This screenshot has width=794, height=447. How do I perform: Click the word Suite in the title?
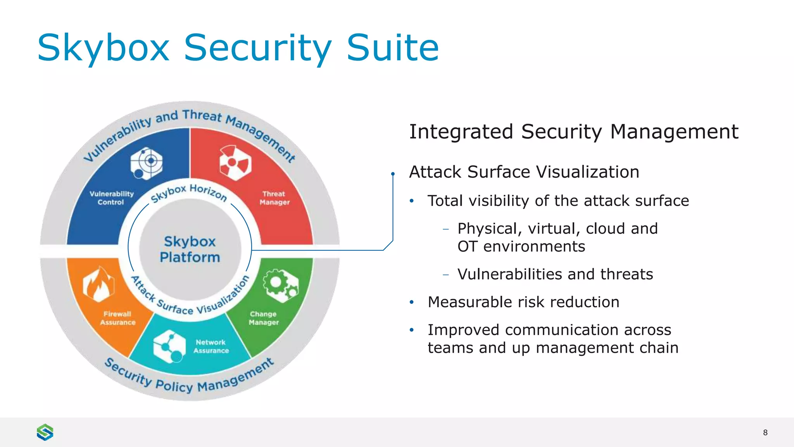pyautogui.click(x=392, y=48)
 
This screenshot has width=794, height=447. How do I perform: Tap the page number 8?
pyautogui.click(x=765, y=433)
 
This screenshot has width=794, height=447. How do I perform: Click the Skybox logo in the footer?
pyautogui.click(x=45, y=432)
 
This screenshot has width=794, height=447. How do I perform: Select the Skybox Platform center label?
pyautogui.click(x=190, y=249)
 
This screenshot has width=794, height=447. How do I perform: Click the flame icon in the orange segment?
pyautogui.click(x=98, y=284)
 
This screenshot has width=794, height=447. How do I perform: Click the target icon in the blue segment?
pyautogui.click(x=147, y=163)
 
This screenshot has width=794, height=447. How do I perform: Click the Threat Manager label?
pyautogui.click(x=274, y=198)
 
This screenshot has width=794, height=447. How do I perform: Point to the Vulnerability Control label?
pyautogui.click(x=111, y=198)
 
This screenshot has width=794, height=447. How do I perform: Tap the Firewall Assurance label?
pyautogui.click(x=117, y=318)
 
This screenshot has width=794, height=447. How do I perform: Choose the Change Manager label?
pyautogui.click(x=264, y=318)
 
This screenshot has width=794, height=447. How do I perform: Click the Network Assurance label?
pyautogui.click(x=211, y=347)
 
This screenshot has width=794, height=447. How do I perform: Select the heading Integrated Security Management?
pyautogui.click(x=573, y=132)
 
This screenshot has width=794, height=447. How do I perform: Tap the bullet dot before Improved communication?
pyautogui.click(x=412, y=330)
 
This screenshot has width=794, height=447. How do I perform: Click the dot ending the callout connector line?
pyautogui.click(x=393, y=174)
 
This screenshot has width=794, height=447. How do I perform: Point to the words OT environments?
pyautogui.click(x=521, y=247)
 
